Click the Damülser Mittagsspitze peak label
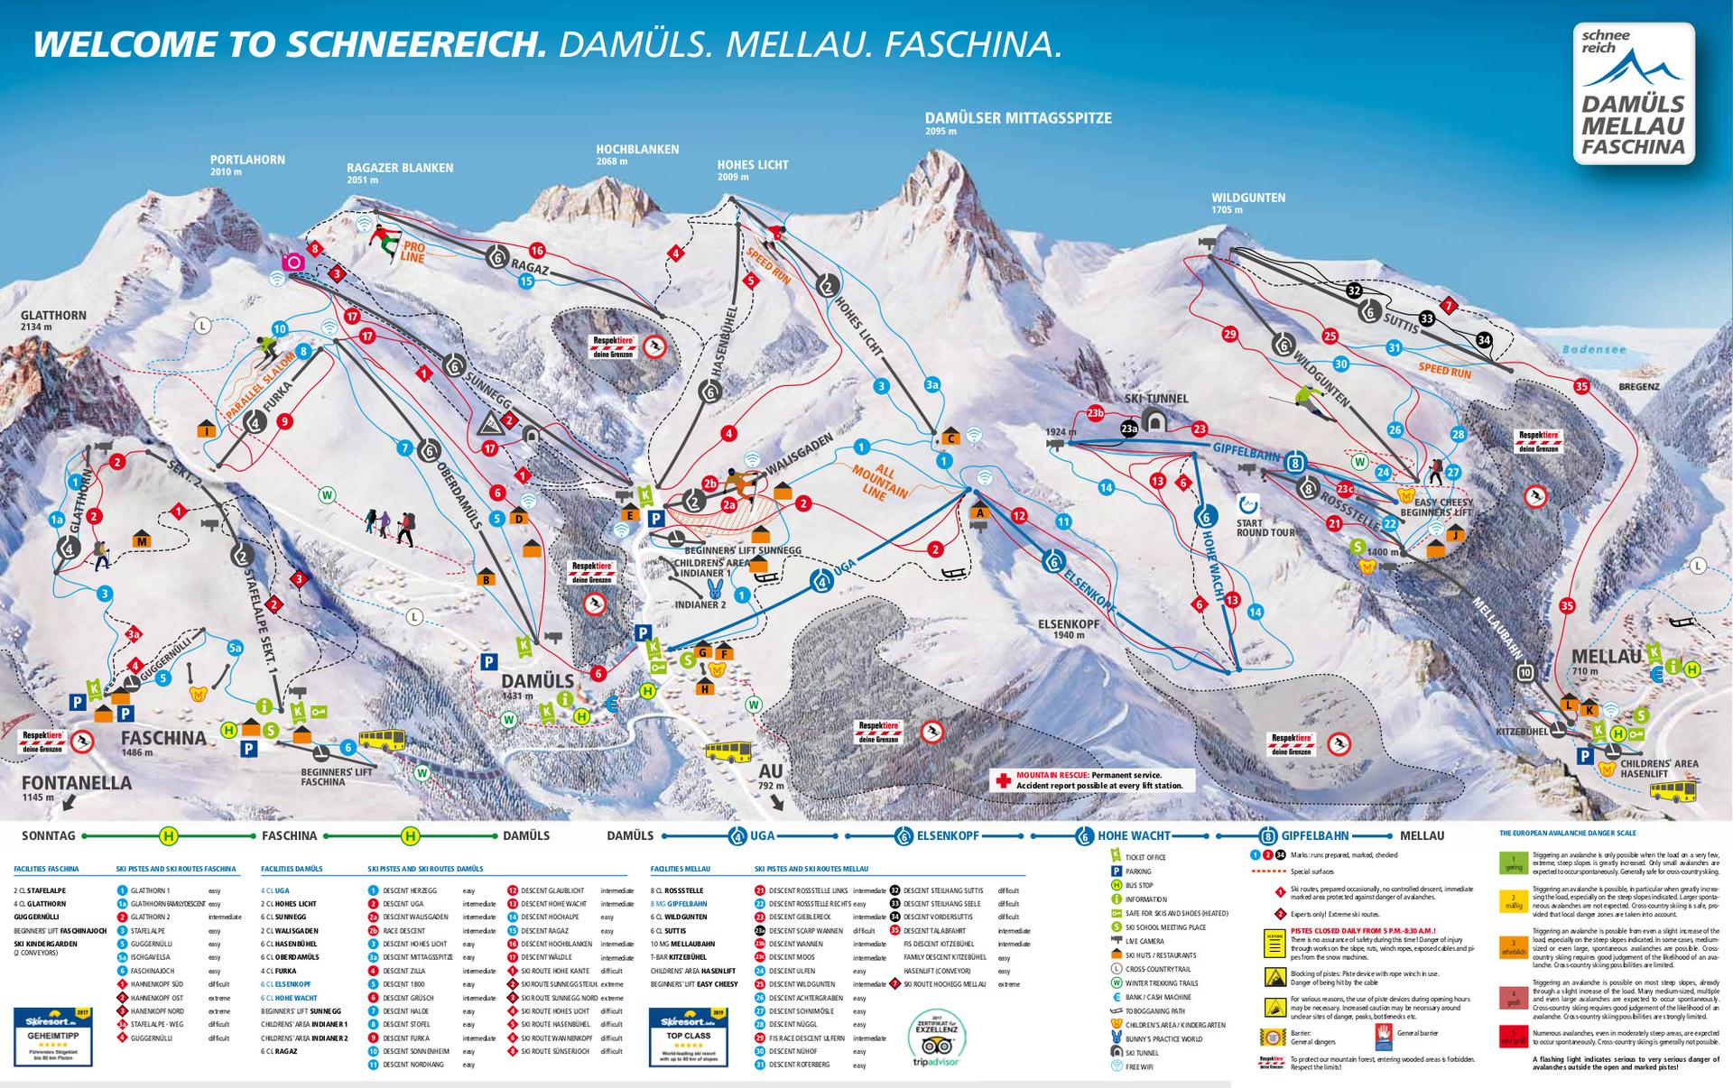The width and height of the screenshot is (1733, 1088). click(x=1017, y=118)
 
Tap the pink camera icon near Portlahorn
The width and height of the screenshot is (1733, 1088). click(x=293, y=262)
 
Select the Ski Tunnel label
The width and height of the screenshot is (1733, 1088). click(x=1155, y=399)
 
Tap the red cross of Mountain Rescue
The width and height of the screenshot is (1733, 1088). click(x=1002, y=780)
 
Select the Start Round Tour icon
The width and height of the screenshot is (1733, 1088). click(x=1249, y=504)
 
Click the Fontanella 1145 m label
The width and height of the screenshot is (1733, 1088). click(x=77, y=783)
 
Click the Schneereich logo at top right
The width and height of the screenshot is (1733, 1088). click(x=1633, y=95)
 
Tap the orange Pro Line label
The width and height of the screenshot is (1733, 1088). click(x=412, y=251)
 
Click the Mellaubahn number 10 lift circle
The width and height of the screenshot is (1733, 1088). click(x=1525, y=672)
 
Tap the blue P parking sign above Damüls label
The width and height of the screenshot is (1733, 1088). click(x=488, y=661)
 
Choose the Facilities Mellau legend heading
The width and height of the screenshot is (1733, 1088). click(x=680, y=869)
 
